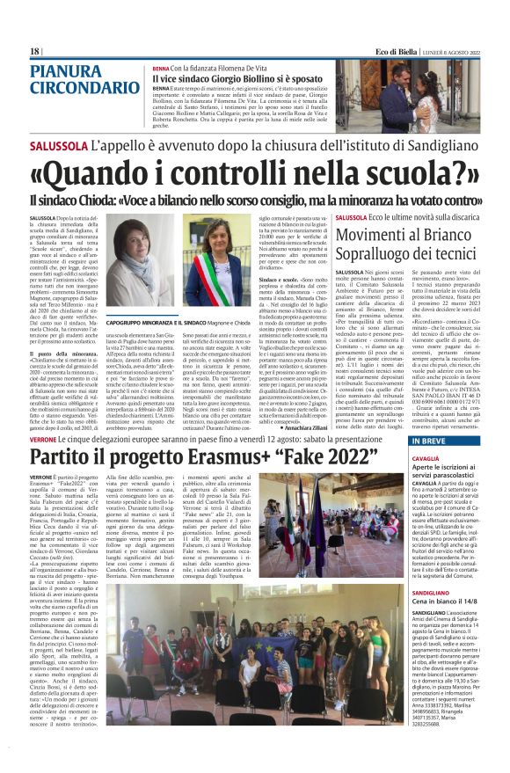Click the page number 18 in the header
[x=34, y=52]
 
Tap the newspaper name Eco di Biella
[x=399, y=52]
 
